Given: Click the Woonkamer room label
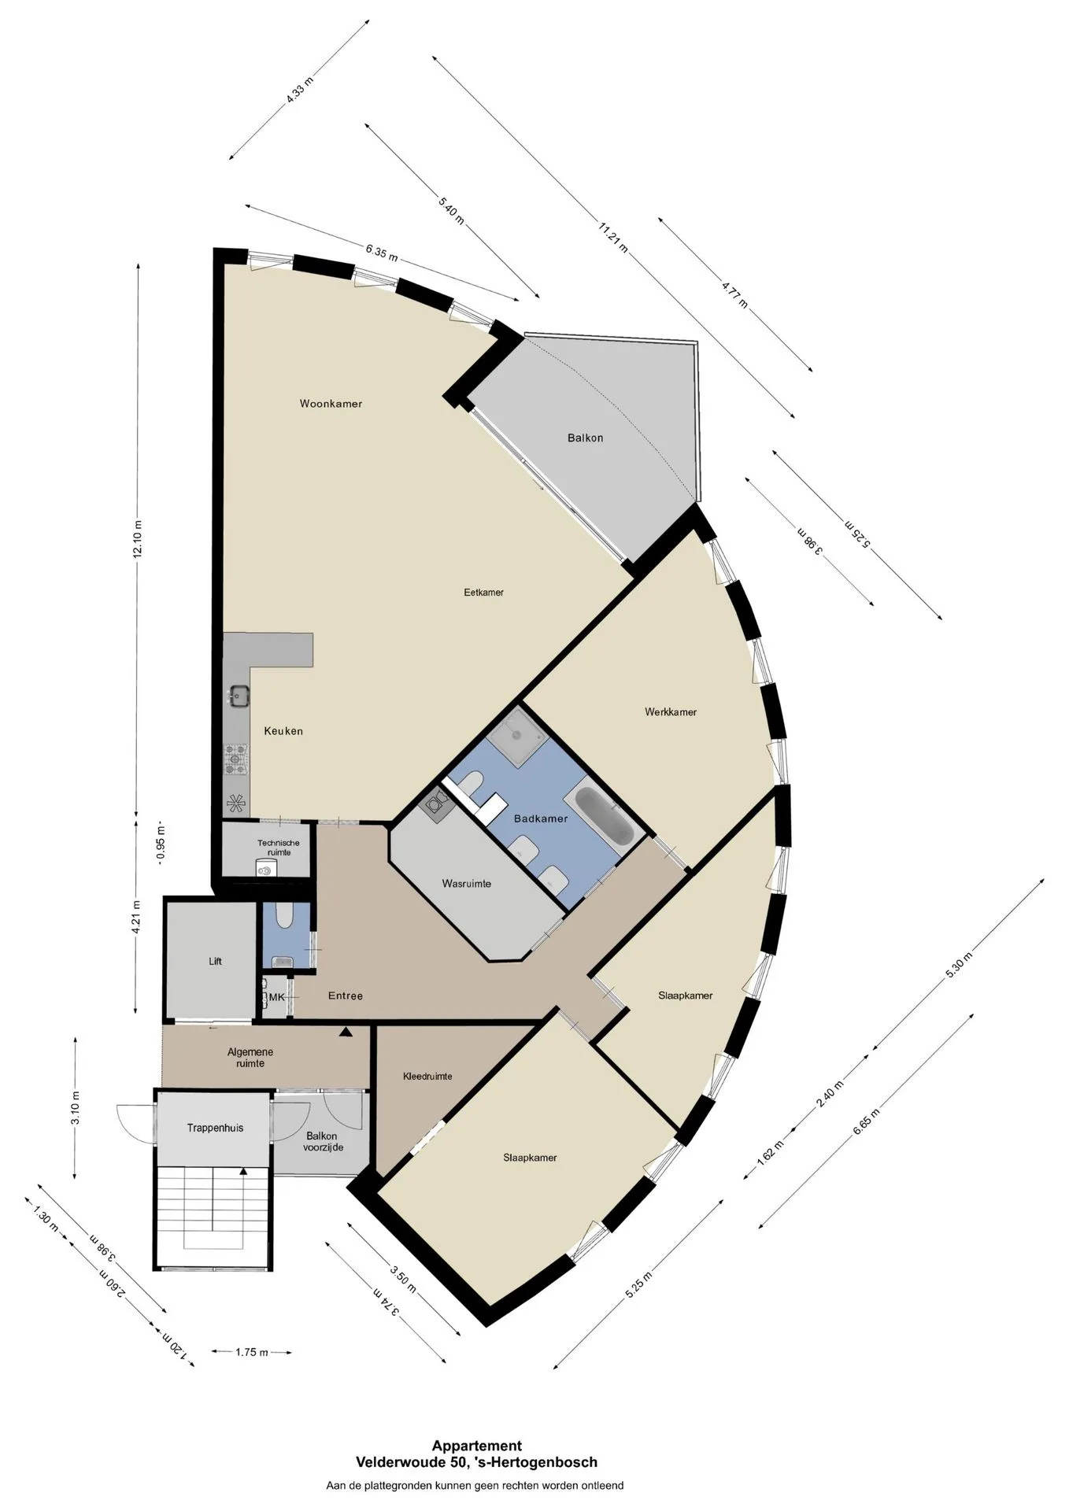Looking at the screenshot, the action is pyautogui.click(x=331, y=404).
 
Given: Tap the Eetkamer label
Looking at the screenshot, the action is pyautogui.click(x=483, y=593).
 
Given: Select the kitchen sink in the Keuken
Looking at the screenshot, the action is pyautogui.click(x=239, y=694).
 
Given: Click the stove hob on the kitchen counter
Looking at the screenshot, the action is pyautogui.click(x=236, y=759).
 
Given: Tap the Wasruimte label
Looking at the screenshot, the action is pyautogui.click(x=466, y=884).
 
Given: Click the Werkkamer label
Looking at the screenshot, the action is pyautogui.click(x=671, y=712).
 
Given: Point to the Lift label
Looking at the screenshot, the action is pyautogui.click(x=216, y=961).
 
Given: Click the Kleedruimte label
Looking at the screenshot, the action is pyautogui.click(x=427, y=1077).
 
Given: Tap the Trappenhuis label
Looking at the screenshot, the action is pyautogui.click(x=215, y=1128).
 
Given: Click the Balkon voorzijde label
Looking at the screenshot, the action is pyautogui.click(x=323, y=1141).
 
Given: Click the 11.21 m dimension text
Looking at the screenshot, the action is pyautogui.click(x=613, y=238).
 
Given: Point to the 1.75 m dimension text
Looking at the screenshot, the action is pyautogui.click(x=252, y=1352).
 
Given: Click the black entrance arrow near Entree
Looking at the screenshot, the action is pyautogui.click(x=345, y=1032).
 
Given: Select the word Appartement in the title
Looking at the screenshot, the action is pyautogui.click(x=476, y=1446).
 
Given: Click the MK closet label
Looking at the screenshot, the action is pyautogui.click(x=276, y=997).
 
